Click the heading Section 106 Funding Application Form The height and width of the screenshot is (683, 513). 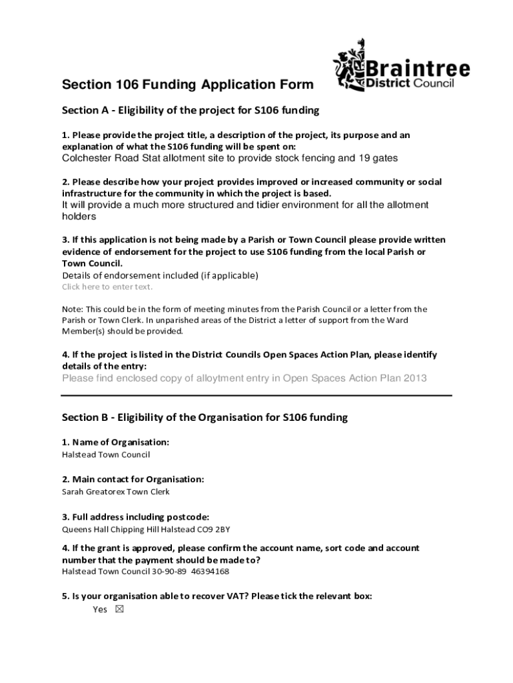187,85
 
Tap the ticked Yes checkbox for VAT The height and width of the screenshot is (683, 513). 120,609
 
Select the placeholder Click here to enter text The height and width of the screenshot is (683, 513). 107,287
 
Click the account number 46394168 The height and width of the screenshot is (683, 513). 210,572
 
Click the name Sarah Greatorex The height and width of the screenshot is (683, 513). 88,492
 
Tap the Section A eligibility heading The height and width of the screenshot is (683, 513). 191,109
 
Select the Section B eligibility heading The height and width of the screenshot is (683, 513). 205,418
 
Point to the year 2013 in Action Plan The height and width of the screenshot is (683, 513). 413,378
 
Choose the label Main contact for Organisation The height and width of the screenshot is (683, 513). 133,479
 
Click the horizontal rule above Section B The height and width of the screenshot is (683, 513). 256,395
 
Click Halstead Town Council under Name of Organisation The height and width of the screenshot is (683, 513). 106,454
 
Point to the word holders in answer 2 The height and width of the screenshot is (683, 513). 79,217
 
